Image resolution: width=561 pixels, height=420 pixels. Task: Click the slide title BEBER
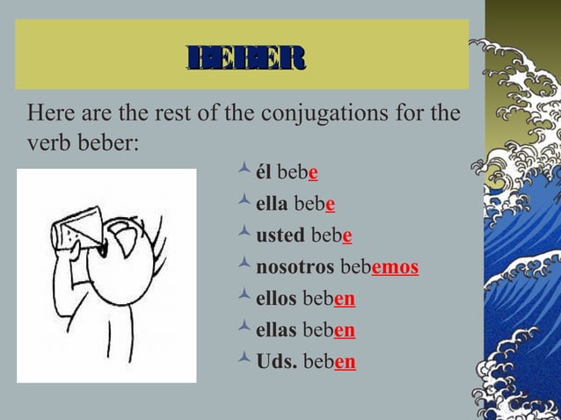(245, 58)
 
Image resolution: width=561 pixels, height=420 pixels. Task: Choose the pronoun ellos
(276, 300)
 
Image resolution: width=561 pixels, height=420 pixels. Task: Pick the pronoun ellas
(276, 331)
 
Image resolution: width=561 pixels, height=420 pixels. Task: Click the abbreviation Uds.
(275, 363)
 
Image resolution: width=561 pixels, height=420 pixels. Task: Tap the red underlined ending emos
(395, 268)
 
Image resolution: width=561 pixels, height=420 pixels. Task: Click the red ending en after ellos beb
(345, 300)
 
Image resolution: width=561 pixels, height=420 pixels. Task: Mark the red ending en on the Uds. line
(345, 363)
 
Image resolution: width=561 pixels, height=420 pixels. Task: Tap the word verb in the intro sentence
(47, 141)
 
